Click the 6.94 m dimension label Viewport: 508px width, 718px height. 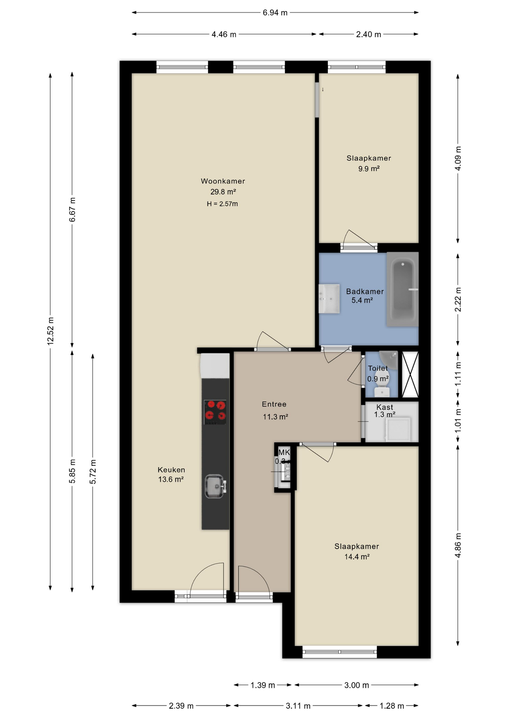point(275,13)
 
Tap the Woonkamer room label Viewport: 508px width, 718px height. point(223,181)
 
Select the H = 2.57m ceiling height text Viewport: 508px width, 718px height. point(222,204)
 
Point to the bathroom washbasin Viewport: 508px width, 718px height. point(329,298)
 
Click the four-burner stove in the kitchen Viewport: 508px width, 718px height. point(215,412)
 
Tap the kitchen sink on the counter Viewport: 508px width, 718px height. point(215,486)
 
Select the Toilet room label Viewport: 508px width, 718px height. point(378,368)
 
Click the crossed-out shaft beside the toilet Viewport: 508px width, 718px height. point(410,374)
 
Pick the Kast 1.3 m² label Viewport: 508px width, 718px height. point(385,411)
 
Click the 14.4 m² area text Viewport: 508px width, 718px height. point(357,557)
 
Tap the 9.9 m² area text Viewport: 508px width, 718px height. point(369,169)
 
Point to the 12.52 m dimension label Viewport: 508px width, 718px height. point(51,331)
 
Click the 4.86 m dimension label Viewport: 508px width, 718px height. point(458,545)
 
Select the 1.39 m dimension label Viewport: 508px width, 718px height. point(263,685)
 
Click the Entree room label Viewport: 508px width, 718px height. point(274,404)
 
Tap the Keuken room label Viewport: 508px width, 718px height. point(171,470)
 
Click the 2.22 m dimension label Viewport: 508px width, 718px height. point(458,300)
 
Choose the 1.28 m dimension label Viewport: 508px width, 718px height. point(392,706)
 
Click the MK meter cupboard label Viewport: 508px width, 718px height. point(284,452)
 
